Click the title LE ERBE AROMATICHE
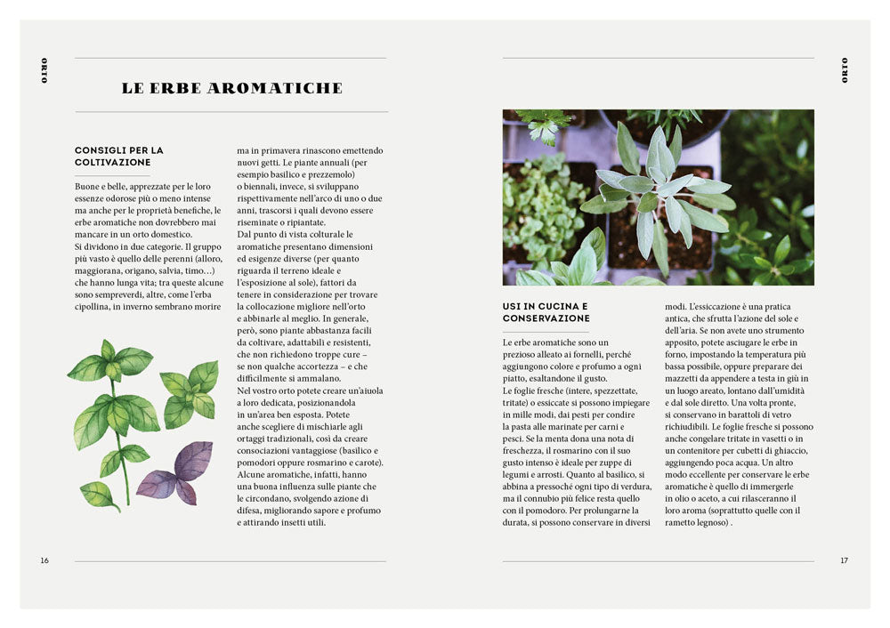click(231, 88)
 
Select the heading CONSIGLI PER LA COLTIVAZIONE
click(119, 157)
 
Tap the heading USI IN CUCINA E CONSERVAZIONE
click(545, 312)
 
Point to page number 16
click(44, 560)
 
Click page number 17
click(845, 560)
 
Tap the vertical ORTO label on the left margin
click(44, 70)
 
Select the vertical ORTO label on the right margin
click(845, 70)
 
